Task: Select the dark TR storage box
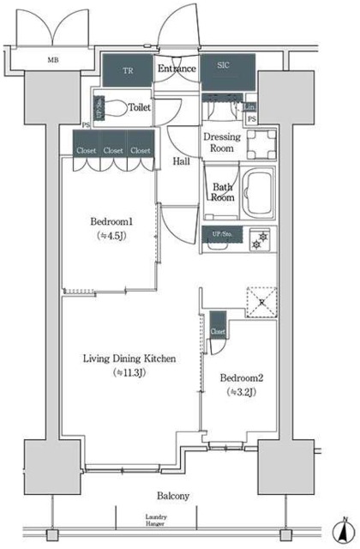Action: [x=128, y=70]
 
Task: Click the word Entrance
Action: [x=176, y=69]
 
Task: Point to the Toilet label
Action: [x=140, y=108]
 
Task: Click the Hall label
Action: [x=181, y=160]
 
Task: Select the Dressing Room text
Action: [x=221, y=142]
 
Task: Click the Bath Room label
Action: [x=223, y=191]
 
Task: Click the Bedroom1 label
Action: [x=111, y=222]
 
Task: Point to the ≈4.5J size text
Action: [x=111, y=238]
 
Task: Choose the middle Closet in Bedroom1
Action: [x=112, y=149]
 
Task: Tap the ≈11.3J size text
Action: [x=130, y=373]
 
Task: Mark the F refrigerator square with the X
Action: [x=259, y=301]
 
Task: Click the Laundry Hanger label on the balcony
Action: [x=155, y=520]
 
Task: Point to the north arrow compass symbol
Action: [x=341, y=531]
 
